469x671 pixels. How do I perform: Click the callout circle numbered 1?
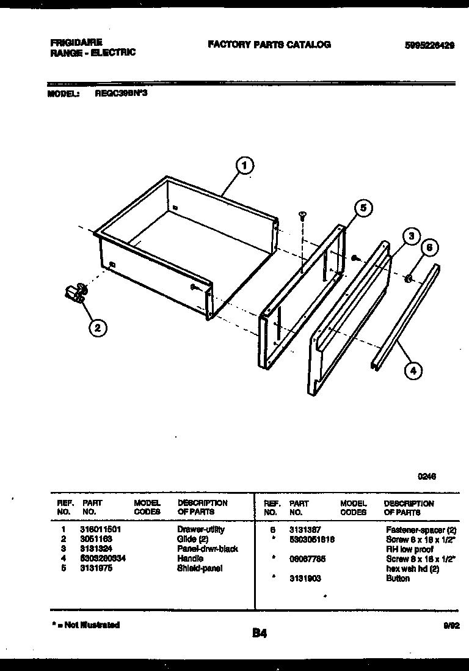point(244,165)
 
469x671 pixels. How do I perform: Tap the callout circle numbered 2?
point(96,328)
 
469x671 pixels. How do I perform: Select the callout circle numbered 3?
point(411,237)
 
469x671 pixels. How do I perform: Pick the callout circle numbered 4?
point(413,370)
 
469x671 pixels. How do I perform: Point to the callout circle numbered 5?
point(362,208)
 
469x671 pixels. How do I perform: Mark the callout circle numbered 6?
point(429,248)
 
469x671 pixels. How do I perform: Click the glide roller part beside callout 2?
point(75,294)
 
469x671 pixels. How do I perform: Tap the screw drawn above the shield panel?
point(302,215)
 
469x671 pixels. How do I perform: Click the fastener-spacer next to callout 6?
point(409,279)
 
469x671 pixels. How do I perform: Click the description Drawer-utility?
point(200,529)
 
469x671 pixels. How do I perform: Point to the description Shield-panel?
point(200,568)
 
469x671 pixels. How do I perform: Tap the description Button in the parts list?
point(398,578)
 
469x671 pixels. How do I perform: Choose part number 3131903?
point(305,578)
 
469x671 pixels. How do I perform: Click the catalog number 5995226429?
point(429,45)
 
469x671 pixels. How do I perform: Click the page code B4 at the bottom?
point(260,634)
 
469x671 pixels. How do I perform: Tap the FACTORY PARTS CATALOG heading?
point(269,45)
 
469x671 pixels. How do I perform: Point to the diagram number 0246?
point(426,478)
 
